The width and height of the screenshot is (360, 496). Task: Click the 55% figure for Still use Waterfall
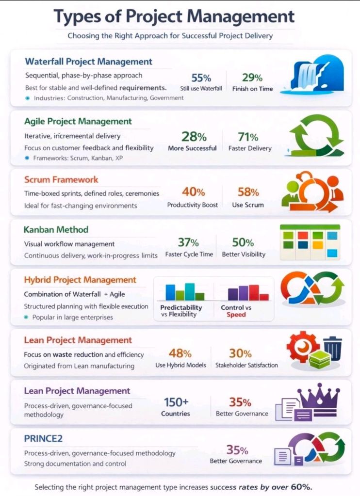[201, 78]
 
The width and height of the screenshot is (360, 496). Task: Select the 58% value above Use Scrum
[248, 192]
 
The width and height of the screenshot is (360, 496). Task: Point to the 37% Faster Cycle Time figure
[188, 242]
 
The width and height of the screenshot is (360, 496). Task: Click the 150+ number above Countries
[175, 402]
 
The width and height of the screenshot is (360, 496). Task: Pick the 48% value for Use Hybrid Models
[180, 353]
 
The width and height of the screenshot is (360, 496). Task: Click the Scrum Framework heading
[61, 180]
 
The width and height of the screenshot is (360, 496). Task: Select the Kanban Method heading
[56, 229]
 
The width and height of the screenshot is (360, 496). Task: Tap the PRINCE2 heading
[43, 438]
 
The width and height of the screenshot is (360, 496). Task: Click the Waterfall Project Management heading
[88, 62]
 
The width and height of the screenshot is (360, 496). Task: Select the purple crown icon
[318, 397]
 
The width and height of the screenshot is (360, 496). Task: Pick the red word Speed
[236, 314]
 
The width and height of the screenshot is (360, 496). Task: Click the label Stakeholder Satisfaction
[246, 365]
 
